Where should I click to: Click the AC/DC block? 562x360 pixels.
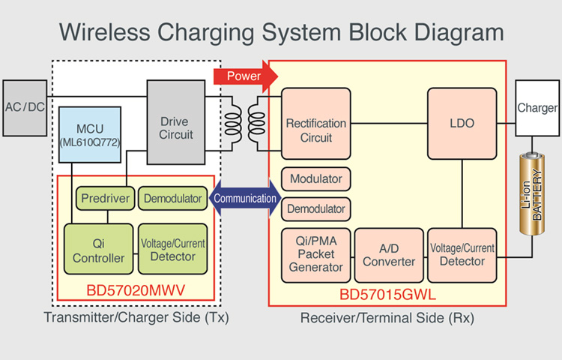[25, 107]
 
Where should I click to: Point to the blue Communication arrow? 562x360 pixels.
[245, 199]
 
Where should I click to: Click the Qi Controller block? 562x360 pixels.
[98, 249]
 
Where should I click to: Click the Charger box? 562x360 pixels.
[537, 108]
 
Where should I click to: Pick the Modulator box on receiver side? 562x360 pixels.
[316, 178]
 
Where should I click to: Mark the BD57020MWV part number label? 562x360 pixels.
[135, 289]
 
